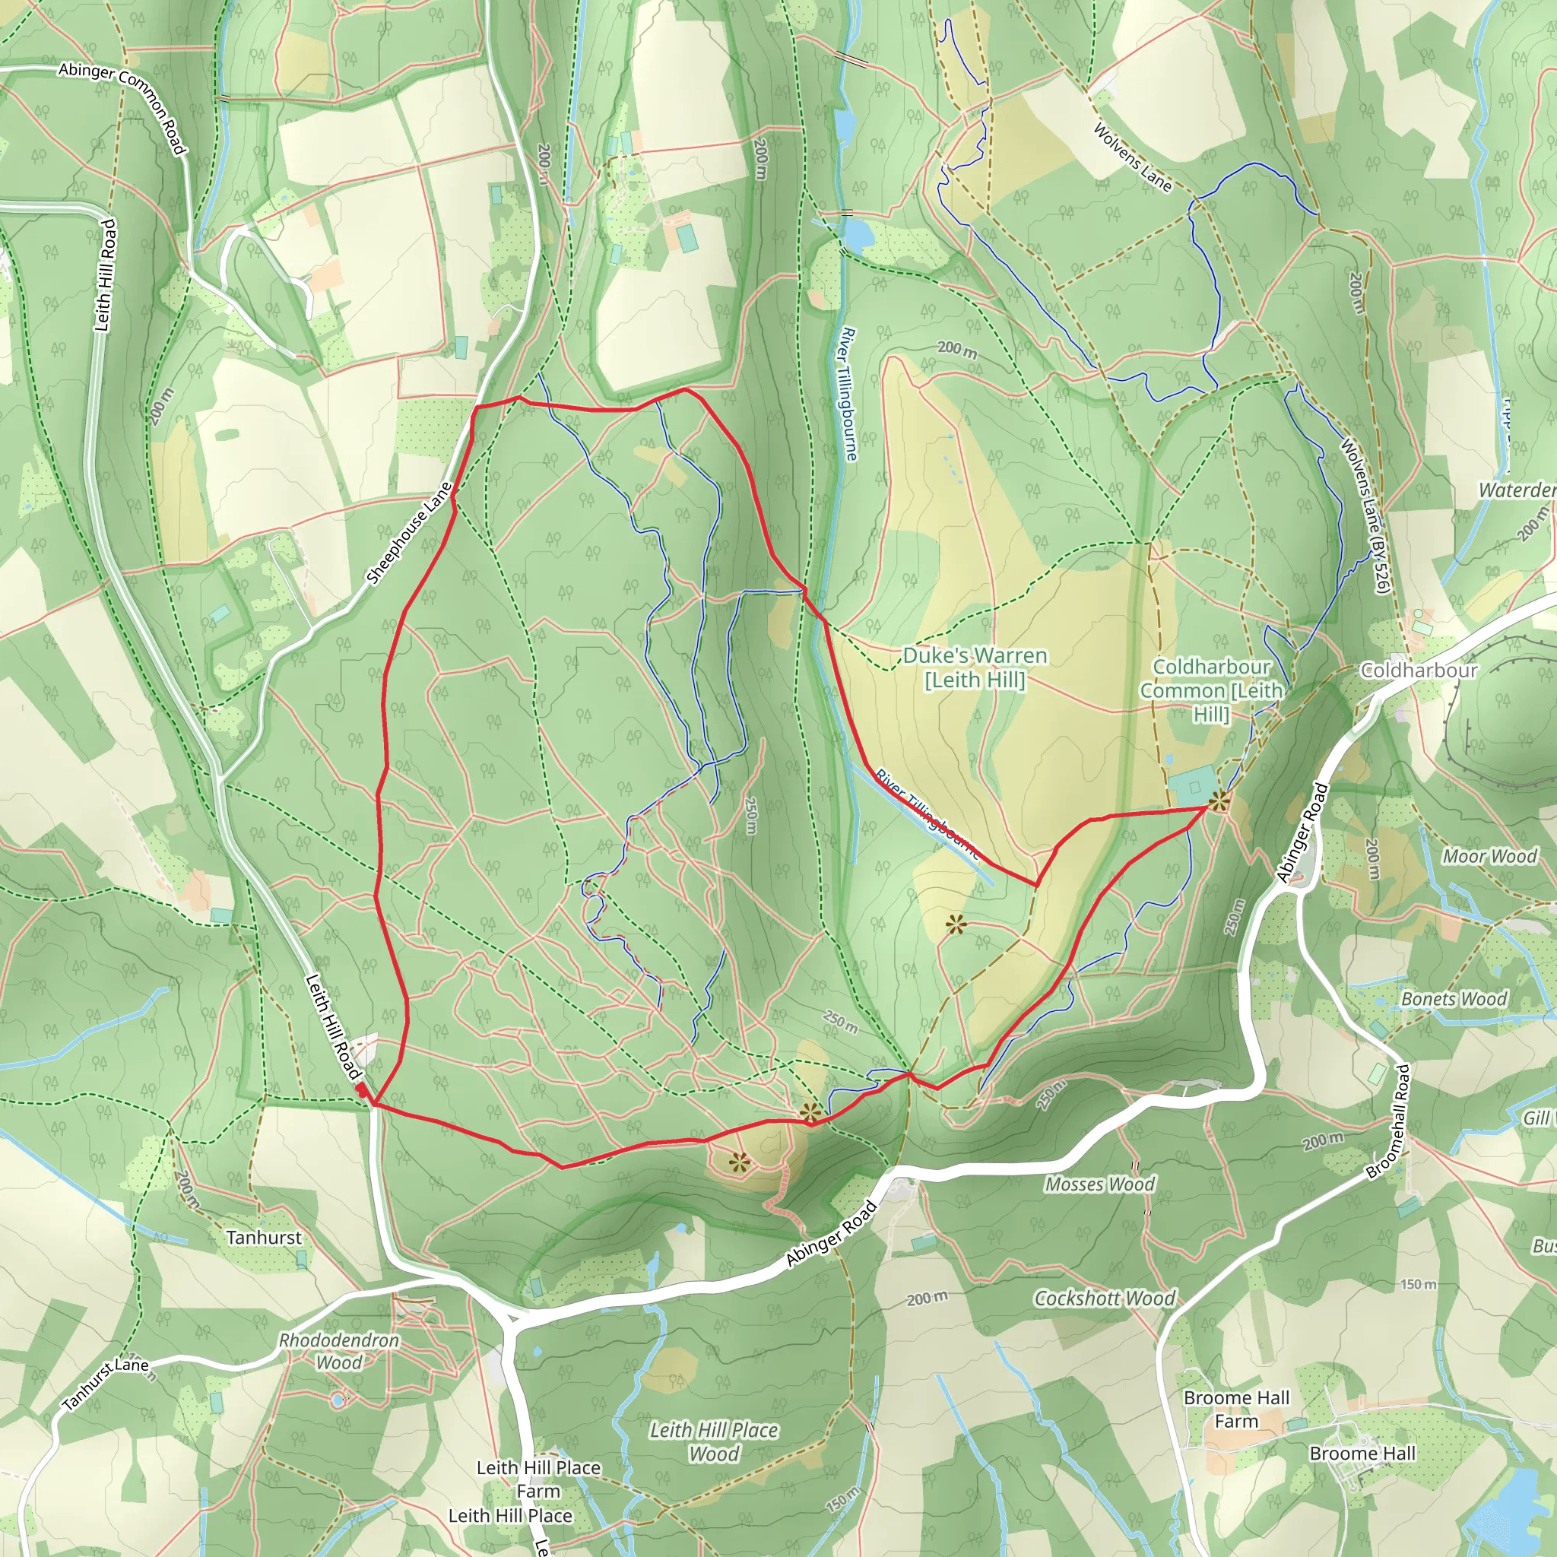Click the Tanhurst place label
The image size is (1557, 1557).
coord(264,1237)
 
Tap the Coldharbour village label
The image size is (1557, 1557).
coord(1419,671)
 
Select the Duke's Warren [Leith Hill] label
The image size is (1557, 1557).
coord(975,668)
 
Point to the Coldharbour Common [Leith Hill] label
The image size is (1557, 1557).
coord(1210,690)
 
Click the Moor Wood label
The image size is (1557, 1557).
coord(1489,856)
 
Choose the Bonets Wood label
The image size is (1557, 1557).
coord(1454,998)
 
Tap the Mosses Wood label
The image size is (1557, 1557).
coord(1099,1184)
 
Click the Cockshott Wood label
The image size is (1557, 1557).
coord(1104,1299)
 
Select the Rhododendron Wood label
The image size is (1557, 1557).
coord(338,1351)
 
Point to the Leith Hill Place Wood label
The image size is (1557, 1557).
coord(714,1441)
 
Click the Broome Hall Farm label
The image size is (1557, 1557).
coord(1236,1409)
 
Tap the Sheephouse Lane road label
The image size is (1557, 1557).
coord(411,533)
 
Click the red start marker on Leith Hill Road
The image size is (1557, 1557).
coord(363,1090)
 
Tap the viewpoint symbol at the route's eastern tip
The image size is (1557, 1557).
coord(1218,801)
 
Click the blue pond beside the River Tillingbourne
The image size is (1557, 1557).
coord(857,233)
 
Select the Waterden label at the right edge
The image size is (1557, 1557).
coord(1516,490)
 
